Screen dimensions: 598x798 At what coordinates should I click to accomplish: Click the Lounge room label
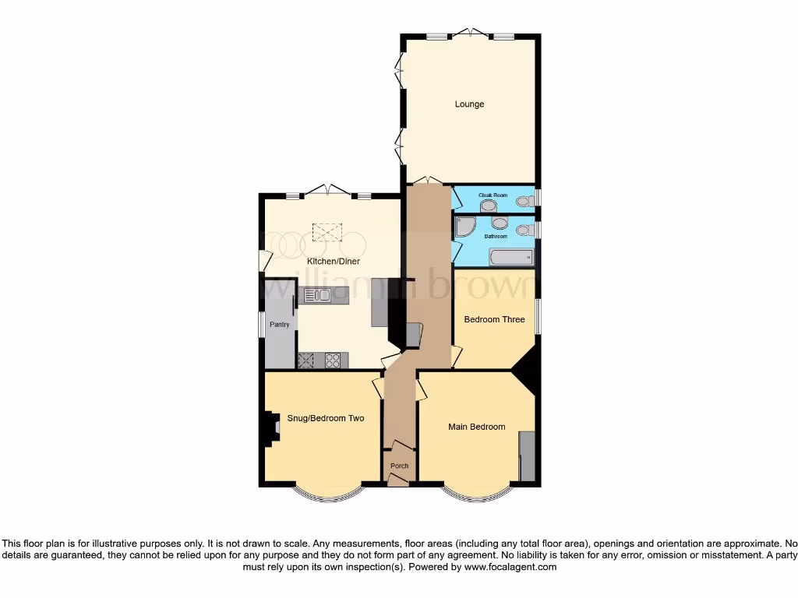470,104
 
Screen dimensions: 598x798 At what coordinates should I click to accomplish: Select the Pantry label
280,325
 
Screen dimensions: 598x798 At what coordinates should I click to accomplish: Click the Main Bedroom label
476,427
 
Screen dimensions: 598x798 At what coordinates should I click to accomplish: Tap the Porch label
399,466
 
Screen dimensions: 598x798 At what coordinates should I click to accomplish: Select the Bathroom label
496,236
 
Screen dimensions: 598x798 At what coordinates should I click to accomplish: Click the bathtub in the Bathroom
510,256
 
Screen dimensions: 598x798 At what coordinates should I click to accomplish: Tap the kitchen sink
318,294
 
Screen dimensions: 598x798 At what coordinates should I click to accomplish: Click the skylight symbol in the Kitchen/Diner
327,231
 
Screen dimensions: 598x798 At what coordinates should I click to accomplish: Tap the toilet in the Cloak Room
524,201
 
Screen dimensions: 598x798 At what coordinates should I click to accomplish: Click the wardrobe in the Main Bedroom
527,456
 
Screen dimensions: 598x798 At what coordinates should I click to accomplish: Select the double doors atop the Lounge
471,33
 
